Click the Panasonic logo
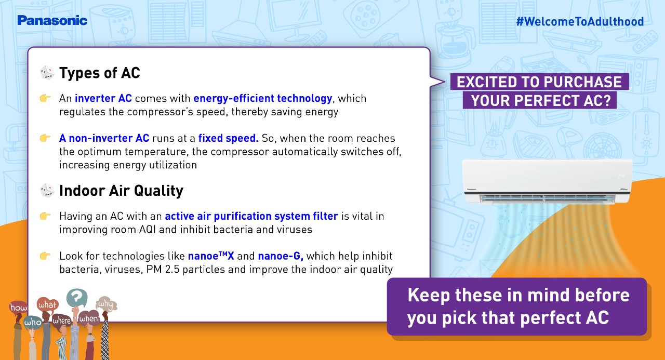(52, 20)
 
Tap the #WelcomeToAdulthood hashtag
(580, 21)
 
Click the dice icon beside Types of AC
(47, 73)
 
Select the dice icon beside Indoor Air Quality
(47, 190)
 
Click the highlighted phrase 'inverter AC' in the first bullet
(103, 98)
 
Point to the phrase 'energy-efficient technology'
(263, 99)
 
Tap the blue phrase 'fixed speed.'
(228, 138)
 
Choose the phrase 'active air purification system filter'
(251, 216)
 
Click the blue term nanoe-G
(281, 256)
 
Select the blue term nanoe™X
(211, 256)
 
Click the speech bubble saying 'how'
(18, 307)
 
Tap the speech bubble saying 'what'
(47, 304)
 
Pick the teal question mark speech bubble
(77, 297)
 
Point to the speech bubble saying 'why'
(107, 304)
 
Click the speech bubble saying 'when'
(88, 318)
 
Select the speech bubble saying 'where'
(62, 321)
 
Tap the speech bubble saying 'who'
(33, 323)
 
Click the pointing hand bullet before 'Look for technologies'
(45, 256)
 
